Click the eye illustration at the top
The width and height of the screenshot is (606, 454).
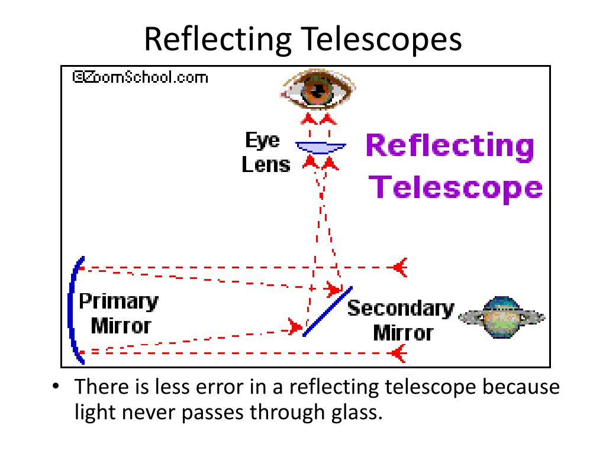pos(318,90)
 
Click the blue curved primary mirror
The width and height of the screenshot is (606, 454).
pos(73,310)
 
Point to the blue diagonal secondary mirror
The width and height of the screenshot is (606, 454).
pos(327,312)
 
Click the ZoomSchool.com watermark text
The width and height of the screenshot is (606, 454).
pos(140,76)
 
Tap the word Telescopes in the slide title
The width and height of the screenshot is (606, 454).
pos(382,40)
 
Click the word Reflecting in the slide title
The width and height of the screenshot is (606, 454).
pos(217,40)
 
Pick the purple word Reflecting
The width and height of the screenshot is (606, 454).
pos(450,145)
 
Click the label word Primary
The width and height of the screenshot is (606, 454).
pos(119,302)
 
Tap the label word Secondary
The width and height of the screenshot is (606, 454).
pos(400,309)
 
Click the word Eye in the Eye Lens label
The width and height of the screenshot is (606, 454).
pos(263,141)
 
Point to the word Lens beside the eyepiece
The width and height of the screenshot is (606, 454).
pos(266,164)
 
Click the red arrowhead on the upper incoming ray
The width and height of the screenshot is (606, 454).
pos(401,267)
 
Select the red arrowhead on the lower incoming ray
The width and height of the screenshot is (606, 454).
pos(399,354)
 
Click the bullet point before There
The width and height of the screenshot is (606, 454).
pos(56,388)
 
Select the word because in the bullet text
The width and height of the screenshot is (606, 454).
pos(521,388)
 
